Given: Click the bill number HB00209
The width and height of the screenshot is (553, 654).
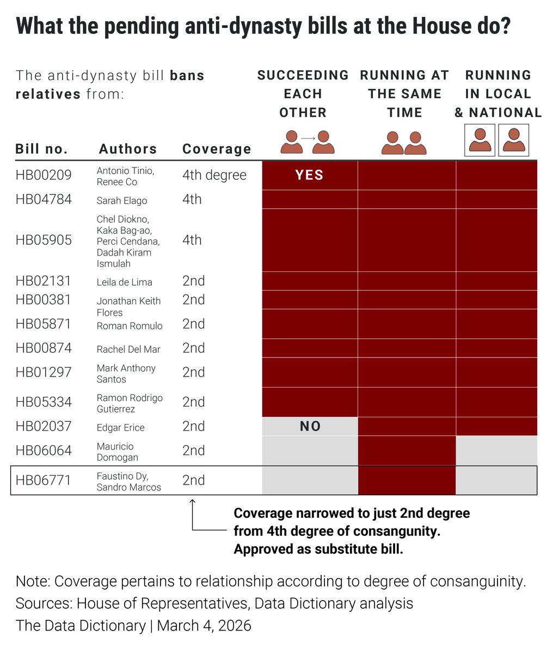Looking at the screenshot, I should click(44, 175).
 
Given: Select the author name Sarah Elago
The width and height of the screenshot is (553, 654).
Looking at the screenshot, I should click(122, 201).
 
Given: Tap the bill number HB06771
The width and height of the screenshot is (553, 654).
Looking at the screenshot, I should click(44, 480).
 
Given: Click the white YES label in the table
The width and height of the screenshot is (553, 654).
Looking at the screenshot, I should click(309, 175).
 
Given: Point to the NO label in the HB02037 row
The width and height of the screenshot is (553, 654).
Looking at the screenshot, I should click(310, 426).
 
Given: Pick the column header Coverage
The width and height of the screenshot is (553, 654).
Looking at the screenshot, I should click(217, 149).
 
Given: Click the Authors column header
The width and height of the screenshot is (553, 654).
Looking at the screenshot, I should click(128, 149).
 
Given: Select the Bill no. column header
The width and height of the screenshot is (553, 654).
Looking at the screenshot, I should click(42, 149).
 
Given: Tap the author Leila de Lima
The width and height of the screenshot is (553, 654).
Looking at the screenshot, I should click(124, 282).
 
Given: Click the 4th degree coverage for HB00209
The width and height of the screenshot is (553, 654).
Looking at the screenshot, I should click(214, 175).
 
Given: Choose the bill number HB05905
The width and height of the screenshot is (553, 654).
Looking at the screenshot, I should click(44, 240).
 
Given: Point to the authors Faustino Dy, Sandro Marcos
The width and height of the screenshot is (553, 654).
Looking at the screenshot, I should click(129, 481).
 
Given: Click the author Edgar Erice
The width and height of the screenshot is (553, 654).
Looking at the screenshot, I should click(121, 427).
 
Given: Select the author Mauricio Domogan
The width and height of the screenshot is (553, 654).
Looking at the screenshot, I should click(118, 452).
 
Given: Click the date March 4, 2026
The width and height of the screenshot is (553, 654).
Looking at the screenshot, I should click(204, 625).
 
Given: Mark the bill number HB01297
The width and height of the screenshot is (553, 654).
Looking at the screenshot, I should click(44, 372).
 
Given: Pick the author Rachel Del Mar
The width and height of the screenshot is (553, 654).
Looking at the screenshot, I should click(128, 349).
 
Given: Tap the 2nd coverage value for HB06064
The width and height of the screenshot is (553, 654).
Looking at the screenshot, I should click(194, 451).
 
